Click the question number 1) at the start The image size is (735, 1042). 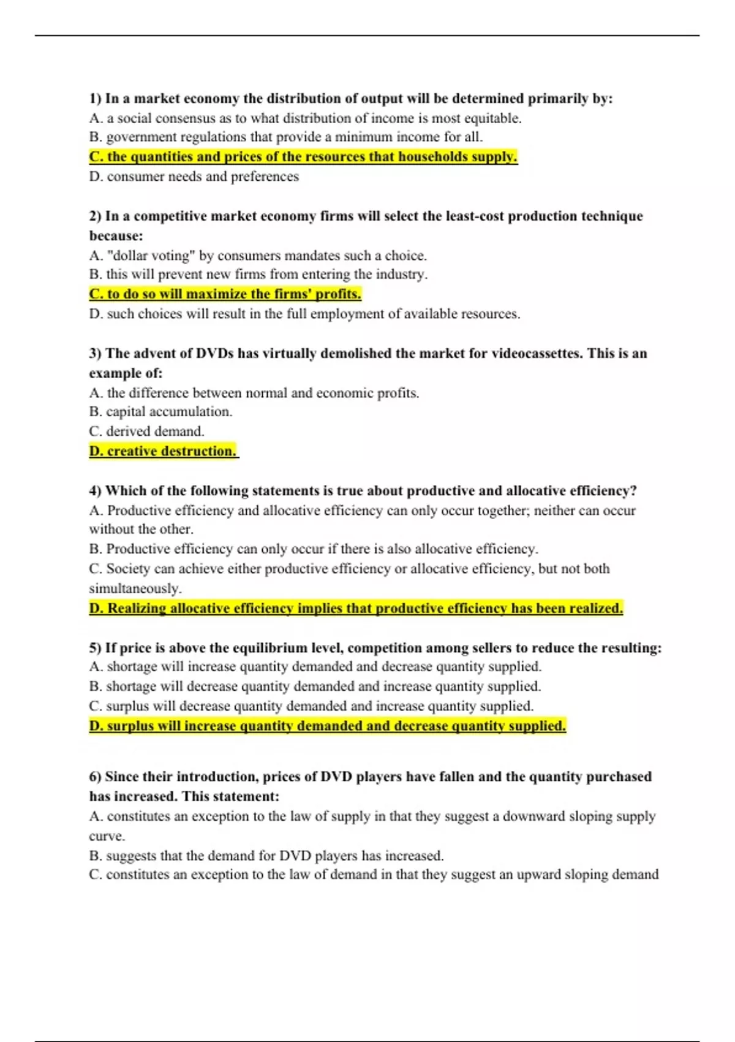pyautogui.click(x=96, y=99)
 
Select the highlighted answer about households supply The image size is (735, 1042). pyautogui.click(x=303, y=157)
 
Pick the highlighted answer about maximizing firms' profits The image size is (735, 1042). pyautogui.click(x=225, y=294)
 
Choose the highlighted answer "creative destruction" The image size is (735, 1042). pyautogui.click(x=163, y=451)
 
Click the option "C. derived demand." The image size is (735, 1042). pyautogui.click(x=146, y=432)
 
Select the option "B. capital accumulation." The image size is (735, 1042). pyautogui.click(x=160, y=412)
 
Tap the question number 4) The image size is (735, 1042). pyautogui.click(x=96, y=491)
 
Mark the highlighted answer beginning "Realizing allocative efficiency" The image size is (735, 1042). pyautogui.click(x=355, y=609)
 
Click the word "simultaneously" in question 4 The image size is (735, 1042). pyautogui.click(x=135, y=588)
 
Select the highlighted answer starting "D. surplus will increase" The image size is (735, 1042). pyautogui.click(x=327, y=726)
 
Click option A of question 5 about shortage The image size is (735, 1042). pyautogui.click(x=315, y=667)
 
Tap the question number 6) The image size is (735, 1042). pyautogui.click(x=96, y=777)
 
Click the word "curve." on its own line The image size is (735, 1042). pyautogui.click(x=107, y=836)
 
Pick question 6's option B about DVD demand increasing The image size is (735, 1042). pyautogui.click(x=266, y=856)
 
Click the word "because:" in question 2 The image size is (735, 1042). pyautogui.click(x=116, y=236)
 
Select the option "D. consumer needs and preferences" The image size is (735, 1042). pyautogui.click(x=194, y=177)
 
